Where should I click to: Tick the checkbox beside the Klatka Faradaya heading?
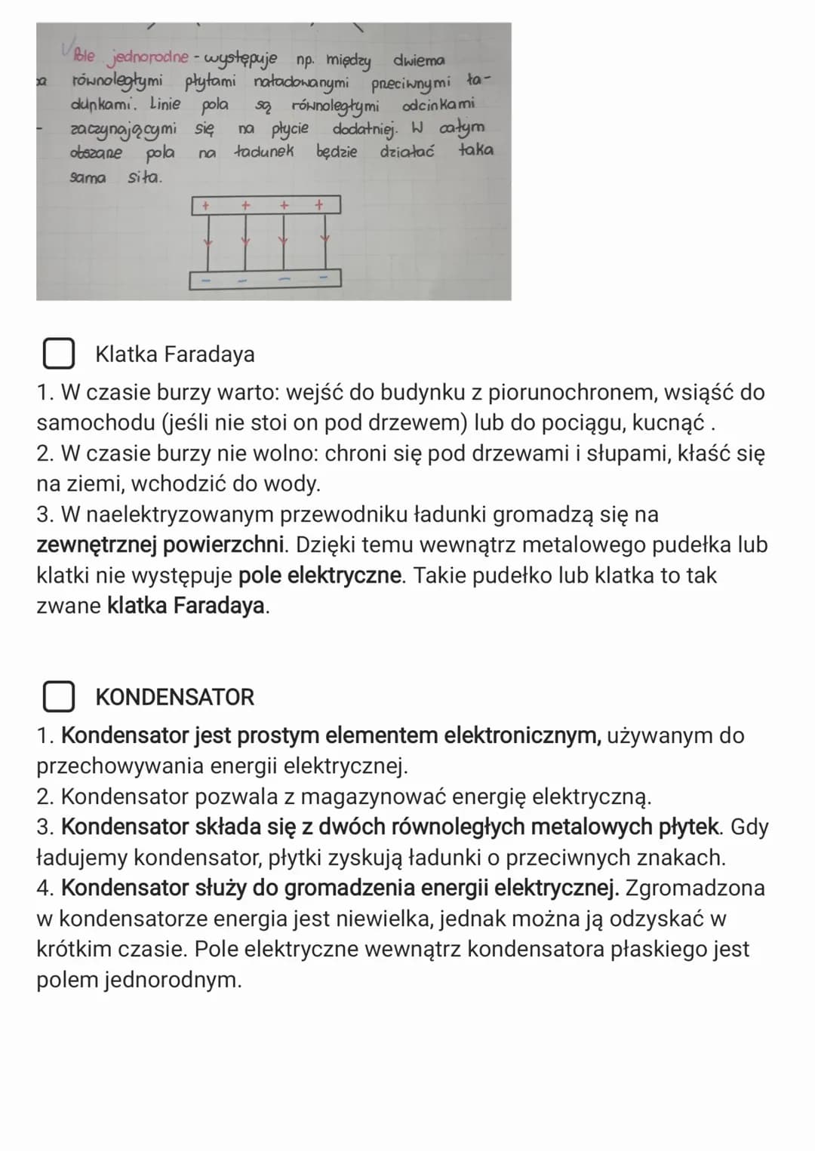[58, 354]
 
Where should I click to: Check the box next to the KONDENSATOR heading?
[58, 697]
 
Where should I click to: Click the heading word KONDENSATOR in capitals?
[175, 697]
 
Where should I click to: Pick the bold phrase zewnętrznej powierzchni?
[161, 545]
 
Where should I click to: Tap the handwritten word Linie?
[165, 104]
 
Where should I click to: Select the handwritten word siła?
[145, 179]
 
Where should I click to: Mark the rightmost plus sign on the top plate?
[318, 204]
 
